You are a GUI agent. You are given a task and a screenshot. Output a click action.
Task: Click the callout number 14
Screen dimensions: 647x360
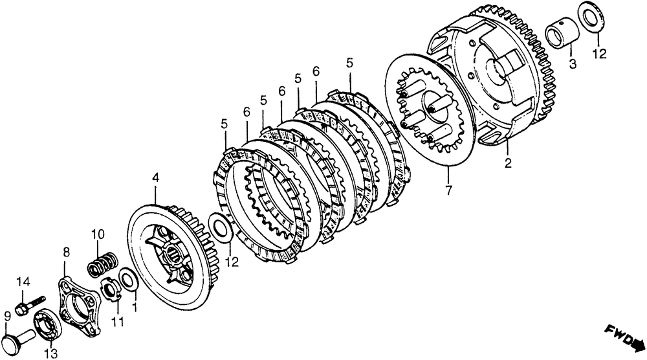[23, 282]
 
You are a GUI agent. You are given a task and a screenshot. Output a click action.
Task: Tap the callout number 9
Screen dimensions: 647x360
[7, 317]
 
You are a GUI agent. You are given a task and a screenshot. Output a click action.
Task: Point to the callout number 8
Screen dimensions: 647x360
[65, 251]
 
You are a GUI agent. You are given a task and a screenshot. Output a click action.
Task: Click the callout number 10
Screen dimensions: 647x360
[97, 234]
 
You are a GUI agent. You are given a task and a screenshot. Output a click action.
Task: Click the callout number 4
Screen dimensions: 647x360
[155, 177]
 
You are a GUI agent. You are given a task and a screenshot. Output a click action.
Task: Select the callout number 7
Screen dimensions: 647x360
[448, 191]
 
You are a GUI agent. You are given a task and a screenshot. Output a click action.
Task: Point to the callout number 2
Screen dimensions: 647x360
[508, 164]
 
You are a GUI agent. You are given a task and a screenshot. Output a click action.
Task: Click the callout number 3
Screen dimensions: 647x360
[573, 63]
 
